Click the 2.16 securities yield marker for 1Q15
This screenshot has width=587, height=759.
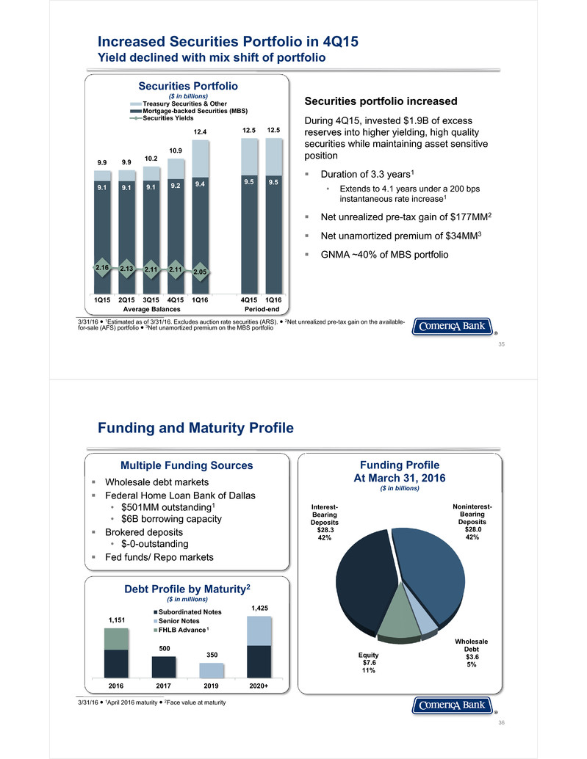point(102,268)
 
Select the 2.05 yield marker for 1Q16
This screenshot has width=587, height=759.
point(200,272)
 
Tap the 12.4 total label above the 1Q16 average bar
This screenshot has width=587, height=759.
point(200,132)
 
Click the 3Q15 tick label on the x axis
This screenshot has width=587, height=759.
point(151,299)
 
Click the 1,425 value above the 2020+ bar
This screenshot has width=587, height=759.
point(260,609)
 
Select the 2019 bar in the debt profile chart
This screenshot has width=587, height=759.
point(212,670)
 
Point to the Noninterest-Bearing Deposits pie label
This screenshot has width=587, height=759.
point(472,521)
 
